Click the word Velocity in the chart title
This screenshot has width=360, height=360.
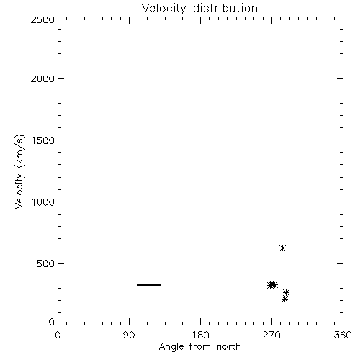tap(164, 9)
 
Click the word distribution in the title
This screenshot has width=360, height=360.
tap(225, 8)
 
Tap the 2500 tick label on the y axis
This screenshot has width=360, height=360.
tap(42, 19)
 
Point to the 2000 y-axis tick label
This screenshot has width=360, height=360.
tap(42, 78)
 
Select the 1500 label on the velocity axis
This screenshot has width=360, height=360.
tap(43, 140)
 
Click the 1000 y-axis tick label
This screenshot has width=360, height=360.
tap(43, 202)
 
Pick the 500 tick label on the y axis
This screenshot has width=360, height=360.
tap(46, 264)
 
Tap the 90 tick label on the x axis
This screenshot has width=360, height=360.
tap(129, 335)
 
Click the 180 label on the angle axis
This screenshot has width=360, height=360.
tap(200, 335)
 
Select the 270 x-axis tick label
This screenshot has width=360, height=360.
tap(271, 335)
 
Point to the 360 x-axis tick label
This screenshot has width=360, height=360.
tap(343, 335)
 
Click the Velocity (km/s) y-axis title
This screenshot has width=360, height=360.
tap(19, 171)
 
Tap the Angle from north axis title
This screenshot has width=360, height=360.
tap(200, 347)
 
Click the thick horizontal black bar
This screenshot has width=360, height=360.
tap(149, 284)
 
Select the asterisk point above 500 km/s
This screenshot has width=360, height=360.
tap(282, 248)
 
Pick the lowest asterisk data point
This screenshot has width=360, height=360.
tap(284, 300)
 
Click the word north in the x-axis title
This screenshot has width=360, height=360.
tap(229, 346)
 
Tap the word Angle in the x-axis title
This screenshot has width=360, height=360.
tap(171, 347)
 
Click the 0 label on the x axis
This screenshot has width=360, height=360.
tap(58, 335)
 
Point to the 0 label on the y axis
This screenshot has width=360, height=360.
tap(52, 322)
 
